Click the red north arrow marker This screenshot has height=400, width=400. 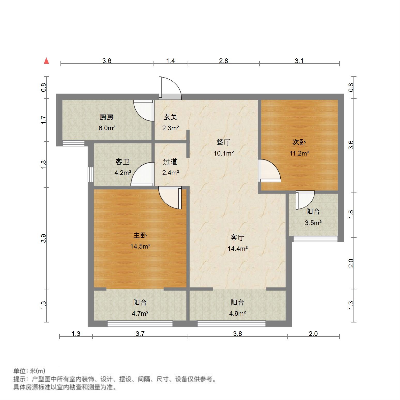(47, 61)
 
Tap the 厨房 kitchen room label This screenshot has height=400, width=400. (107, 117)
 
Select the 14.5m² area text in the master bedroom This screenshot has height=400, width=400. (140, 246)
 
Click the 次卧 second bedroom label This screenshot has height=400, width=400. (299, 142)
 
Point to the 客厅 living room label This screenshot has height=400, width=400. (237, 237)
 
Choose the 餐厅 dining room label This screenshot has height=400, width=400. (224, 142)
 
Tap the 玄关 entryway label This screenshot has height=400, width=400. (170, 117)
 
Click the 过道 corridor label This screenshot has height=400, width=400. (170, 162)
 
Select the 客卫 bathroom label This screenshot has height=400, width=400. (122, 162)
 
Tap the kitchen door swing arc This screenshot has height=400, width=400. (143, 111)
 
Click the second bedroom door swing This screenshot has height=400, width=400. (269, 171)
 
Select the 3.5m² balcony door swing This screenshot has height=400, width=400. (305, 200)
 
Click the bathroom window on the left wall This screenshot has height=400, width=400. (90, 175)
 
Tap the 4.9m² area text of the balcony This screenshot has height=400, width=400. (237, 313)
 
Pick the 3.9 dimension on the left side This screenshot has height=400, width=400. (44, 238)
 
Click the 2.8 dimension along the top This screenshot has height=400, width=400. (224, 61)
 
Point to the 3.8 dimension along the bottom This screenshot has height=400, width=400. (237, 334)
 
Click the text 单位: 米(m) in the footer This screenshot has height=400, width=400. (29, 371)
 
